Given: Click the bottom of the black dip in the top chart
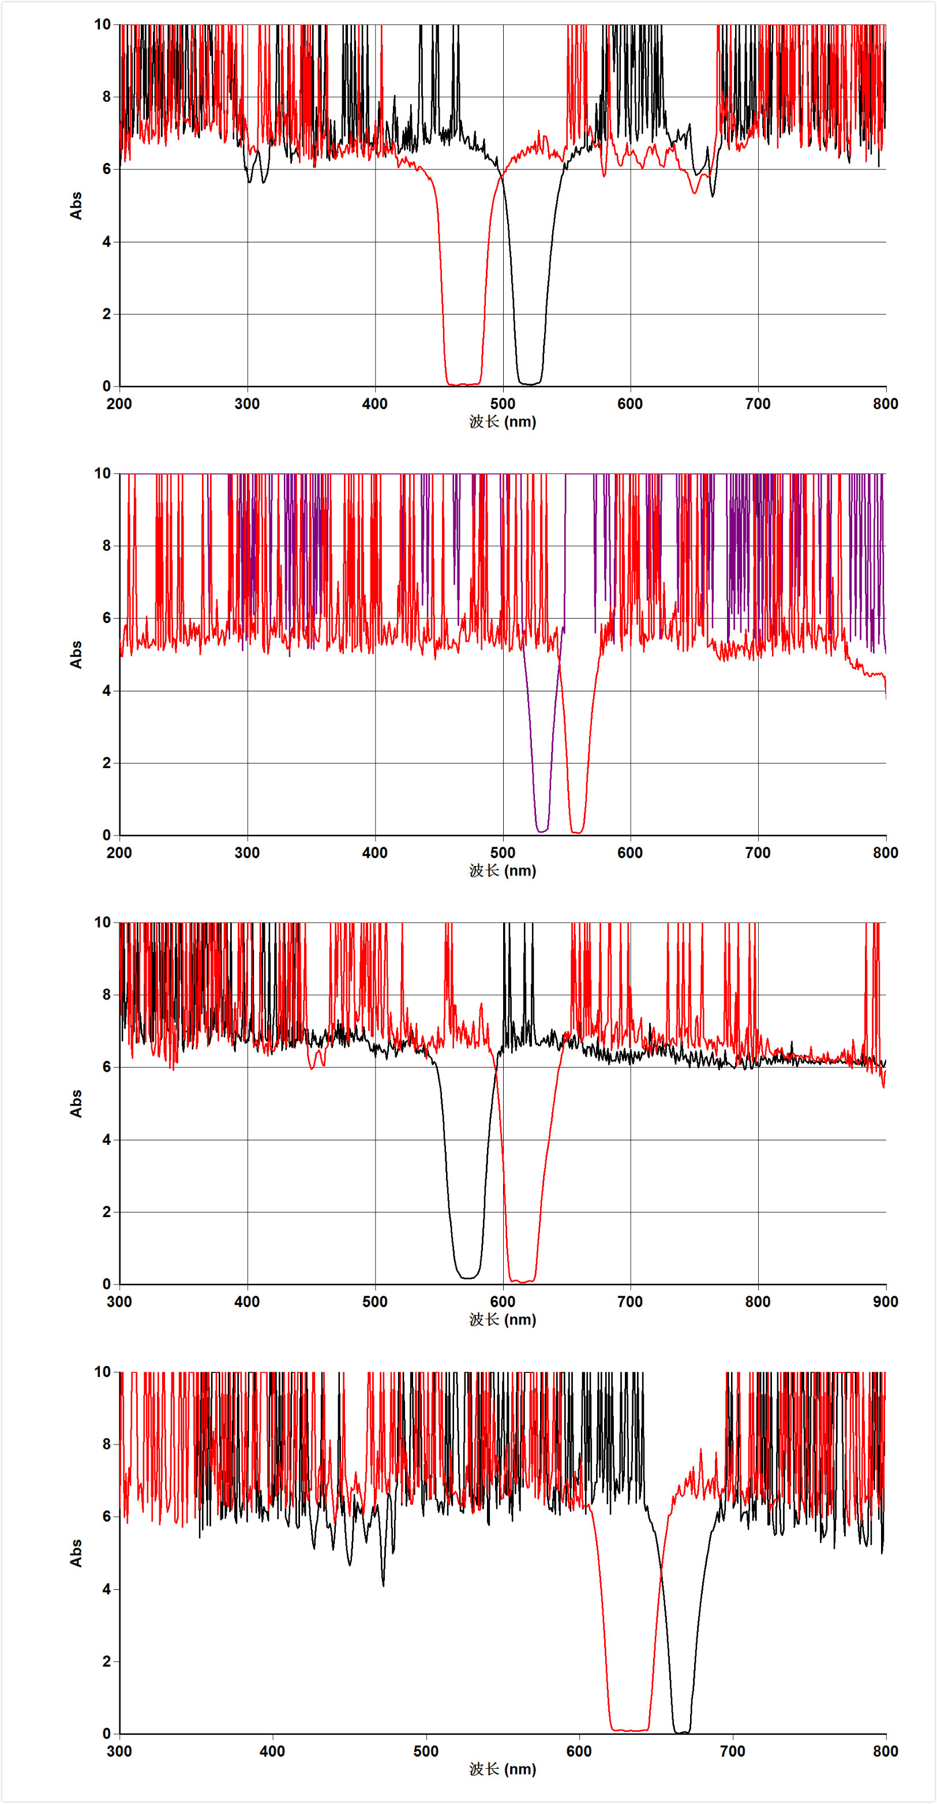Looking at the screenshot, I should point(530,383).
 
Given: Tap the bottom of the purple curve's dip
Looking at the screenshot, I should point(542,830).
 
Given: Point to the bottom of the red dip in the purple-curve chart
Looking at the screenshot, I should point(577,832).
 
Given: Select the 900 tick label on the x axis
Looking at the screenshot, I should point(885,1302).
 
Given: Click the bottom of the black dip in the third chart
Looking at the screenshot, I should point(468,1277).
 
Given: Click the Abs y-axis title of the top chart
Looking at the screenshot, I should point(76,206).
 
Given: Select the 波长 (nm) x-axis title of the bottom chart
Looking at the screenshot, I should point(502,1769).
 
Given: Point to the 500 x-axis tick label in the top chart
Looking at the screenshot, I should point(502,404).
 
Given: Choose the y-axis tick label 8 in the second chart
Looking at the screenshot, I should point(106,545).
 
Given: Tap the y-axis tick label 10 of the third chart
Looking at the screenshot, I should point(102,922).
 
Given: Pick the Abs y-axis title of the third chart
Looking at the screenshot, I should point(76,1103).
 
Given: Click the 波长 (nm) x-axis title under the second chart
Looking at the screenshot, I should point(502,870).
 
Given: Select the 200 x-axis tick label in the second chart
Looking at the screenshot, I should point(119,853).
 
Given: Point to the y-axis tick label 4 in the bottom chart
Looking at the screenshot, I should point(106,1589).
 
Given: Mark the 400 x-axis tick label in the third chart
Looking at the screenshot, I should point(246,1302).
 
